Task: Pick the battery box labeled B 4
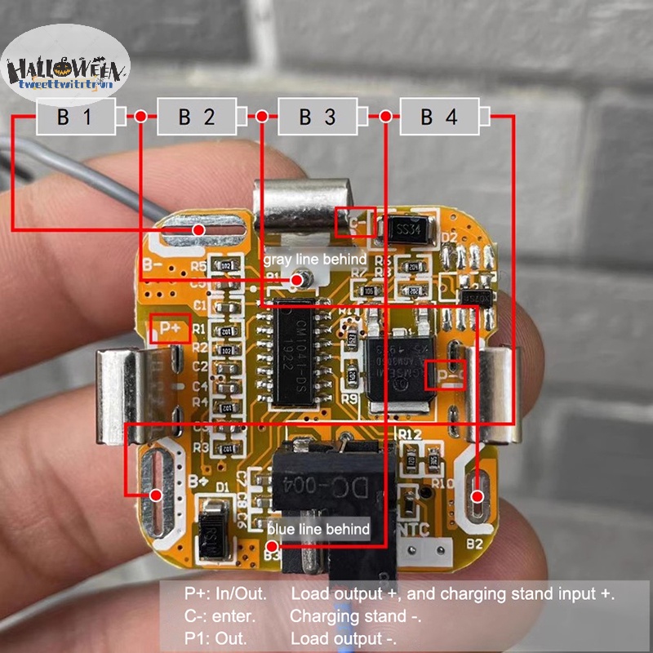click(439, 117)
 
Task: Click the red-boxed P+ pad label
click(171, 328)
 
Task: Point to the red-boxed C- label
click(357, 222)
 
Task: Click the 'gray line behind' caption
click(314, 259)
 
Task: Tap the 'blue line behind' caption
click(318, 529)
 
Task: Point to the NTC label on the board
click(416, 529)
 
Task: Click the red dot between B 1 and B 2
click(141, 117)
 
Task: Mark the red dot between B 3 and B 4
click(384, 117)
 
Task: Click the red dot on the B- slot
click(198, 231)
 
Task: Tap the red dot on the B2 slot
click(478, 495)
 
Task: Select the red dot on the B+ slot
click(158, 494)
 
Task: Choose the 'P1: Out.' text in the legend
click(215, 638)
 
